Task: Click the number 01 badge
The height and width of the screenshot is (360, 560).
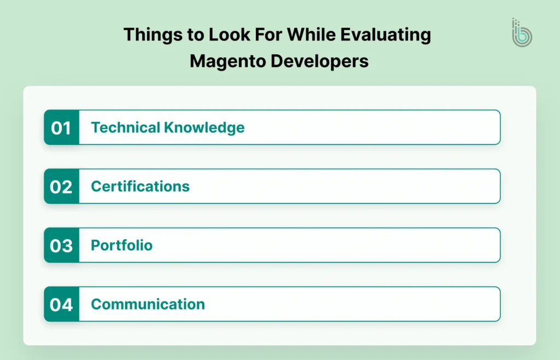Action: (x=61, y=127)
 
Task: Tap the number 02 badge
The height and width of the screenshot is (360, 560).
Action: (x=61, y=187)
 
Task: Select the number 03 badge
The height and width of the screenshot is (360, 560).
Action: (x=61, y=246)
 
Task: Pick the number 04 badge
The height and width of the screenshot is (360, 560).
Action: (x=61, y=304)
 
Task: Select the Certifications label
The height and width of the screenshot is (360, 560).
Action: (x=140, y=187)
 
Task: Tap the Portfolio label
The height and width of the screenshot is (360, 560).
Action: (x=121, y=245)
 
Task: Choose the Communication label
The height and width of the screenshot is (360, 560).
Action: (x=148, y=304)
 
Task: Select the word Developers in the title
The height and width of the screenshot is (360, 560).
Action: (x=319, y=61)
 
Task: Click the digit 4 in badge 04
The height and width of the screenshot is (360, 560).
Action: (x=67, y=304)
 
